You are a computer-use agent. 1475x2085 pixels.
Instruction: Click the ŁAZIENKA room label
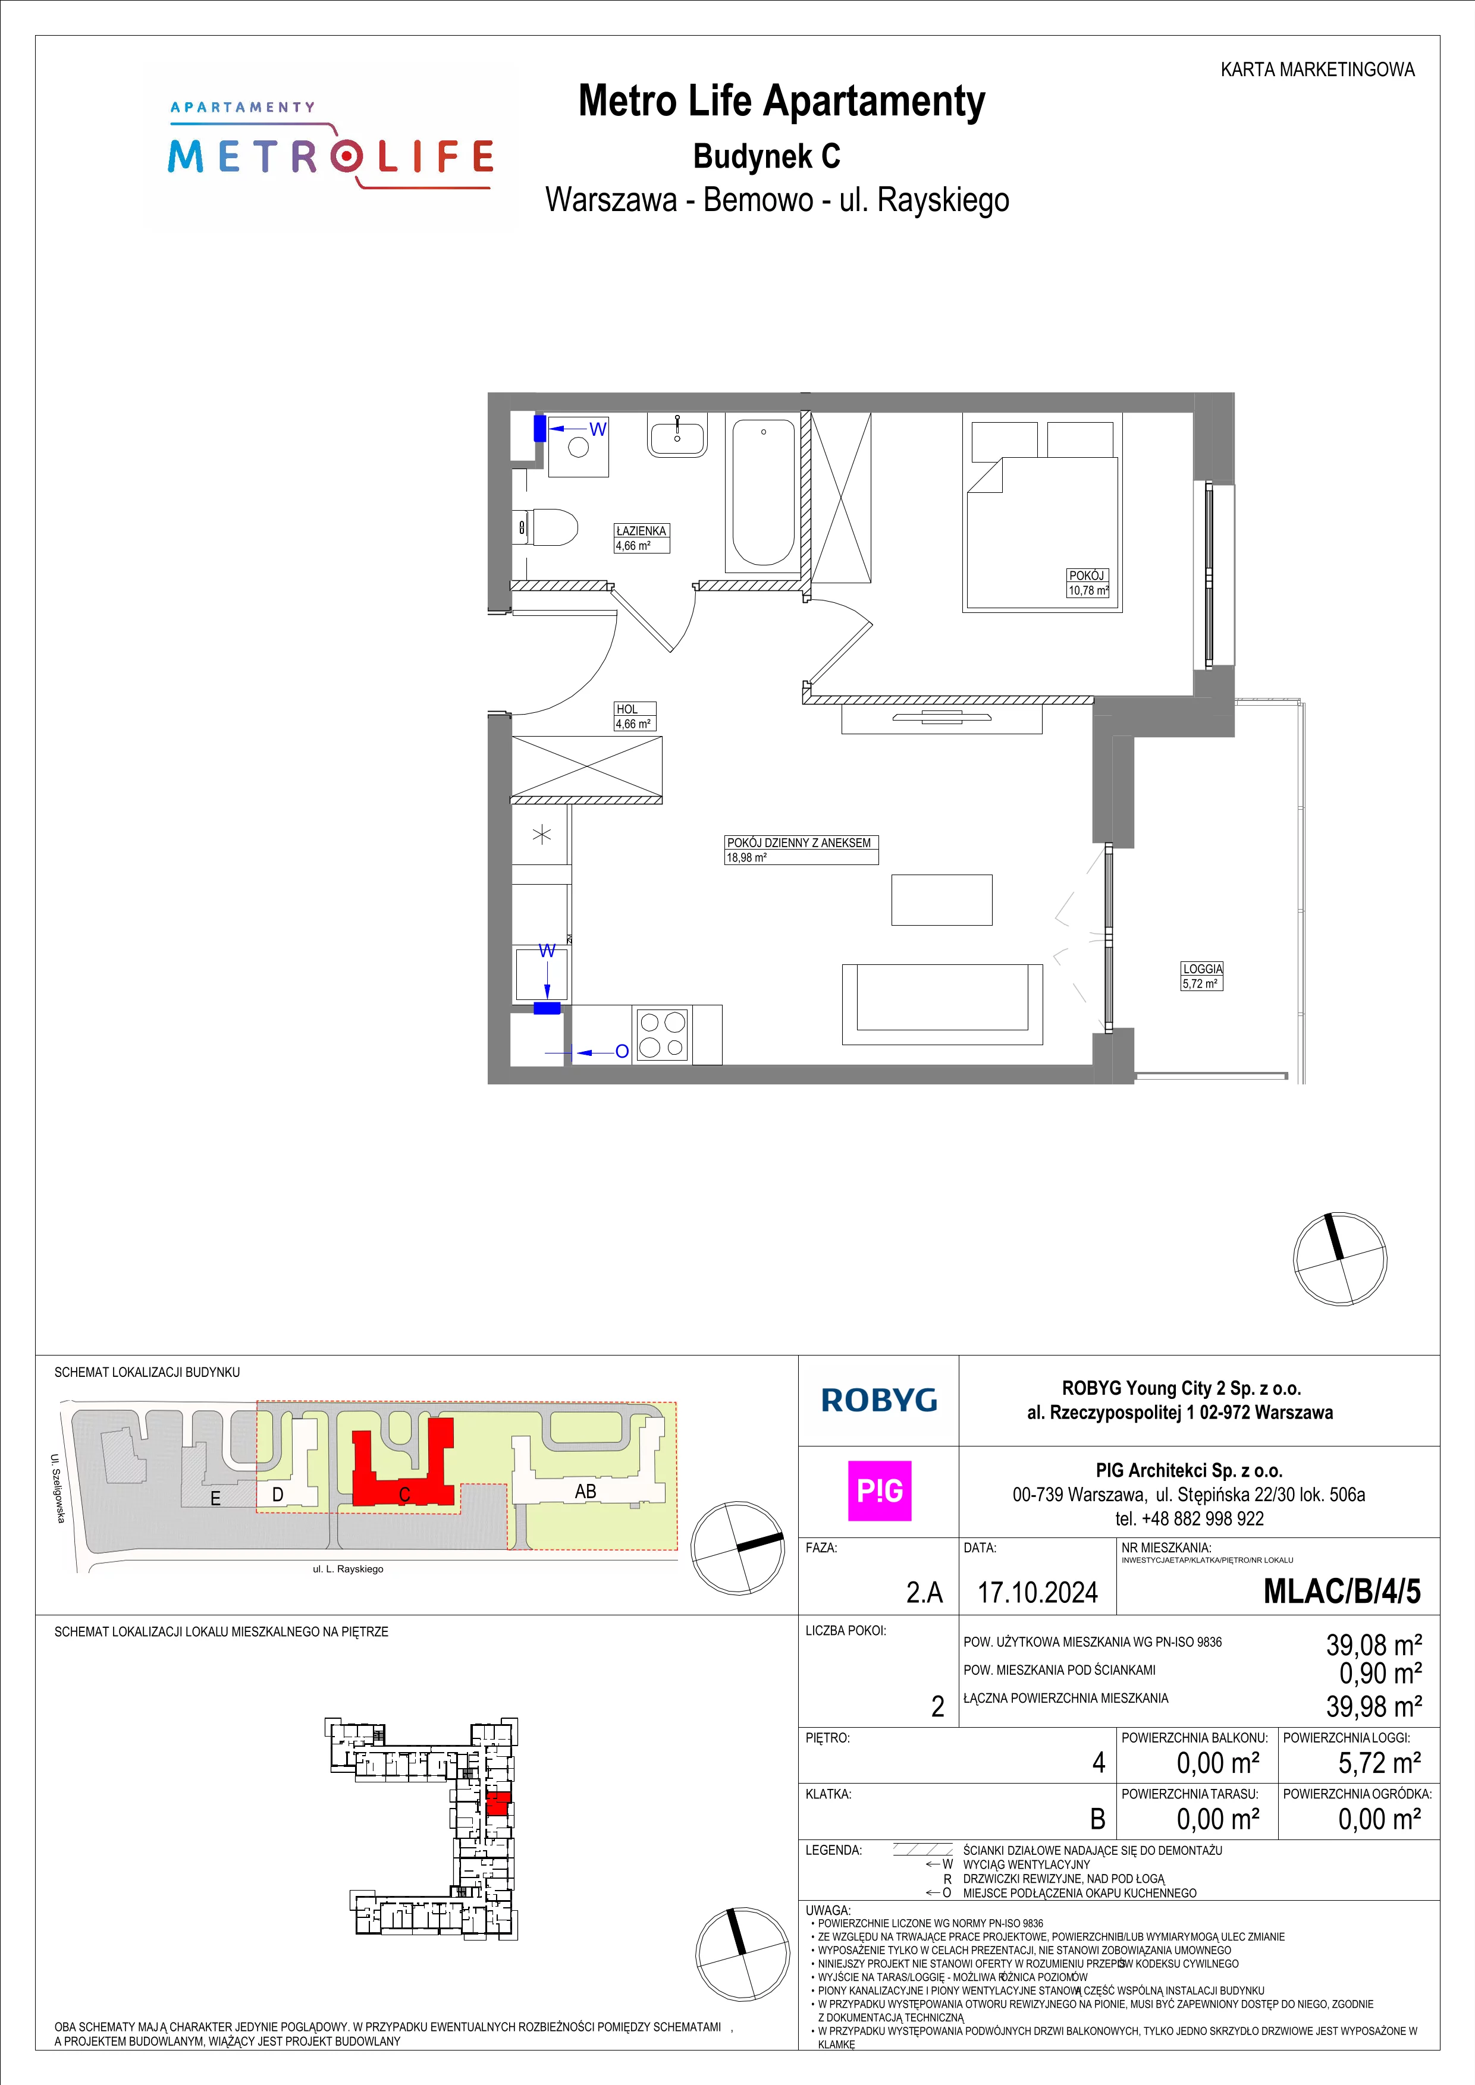tap(641, 530)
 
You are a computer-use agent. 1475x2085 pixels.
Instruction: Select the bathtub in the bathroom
tap(763, 492)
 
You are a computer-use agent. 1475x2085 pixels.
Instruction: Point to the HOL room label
tap(627, 709)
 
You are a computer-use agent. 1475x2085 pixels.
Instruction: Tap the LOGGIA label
tap(1201, 969)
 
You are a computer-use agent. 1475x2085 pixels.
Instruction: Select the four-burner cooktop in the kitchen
tap(662, 1034)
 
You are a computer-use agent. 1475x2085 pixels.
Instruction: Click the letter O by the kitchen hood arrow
tap(622, 1052)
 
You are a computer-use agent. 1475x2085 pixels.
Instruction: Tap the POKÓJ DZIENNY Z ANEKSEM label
tap(798, 842)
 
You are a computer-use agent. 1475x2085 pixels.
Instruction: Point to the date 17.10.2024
tap(1037, 1593)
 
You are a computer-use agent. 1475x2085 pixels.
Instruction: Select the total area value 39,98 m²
tap(1374, 1706)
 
